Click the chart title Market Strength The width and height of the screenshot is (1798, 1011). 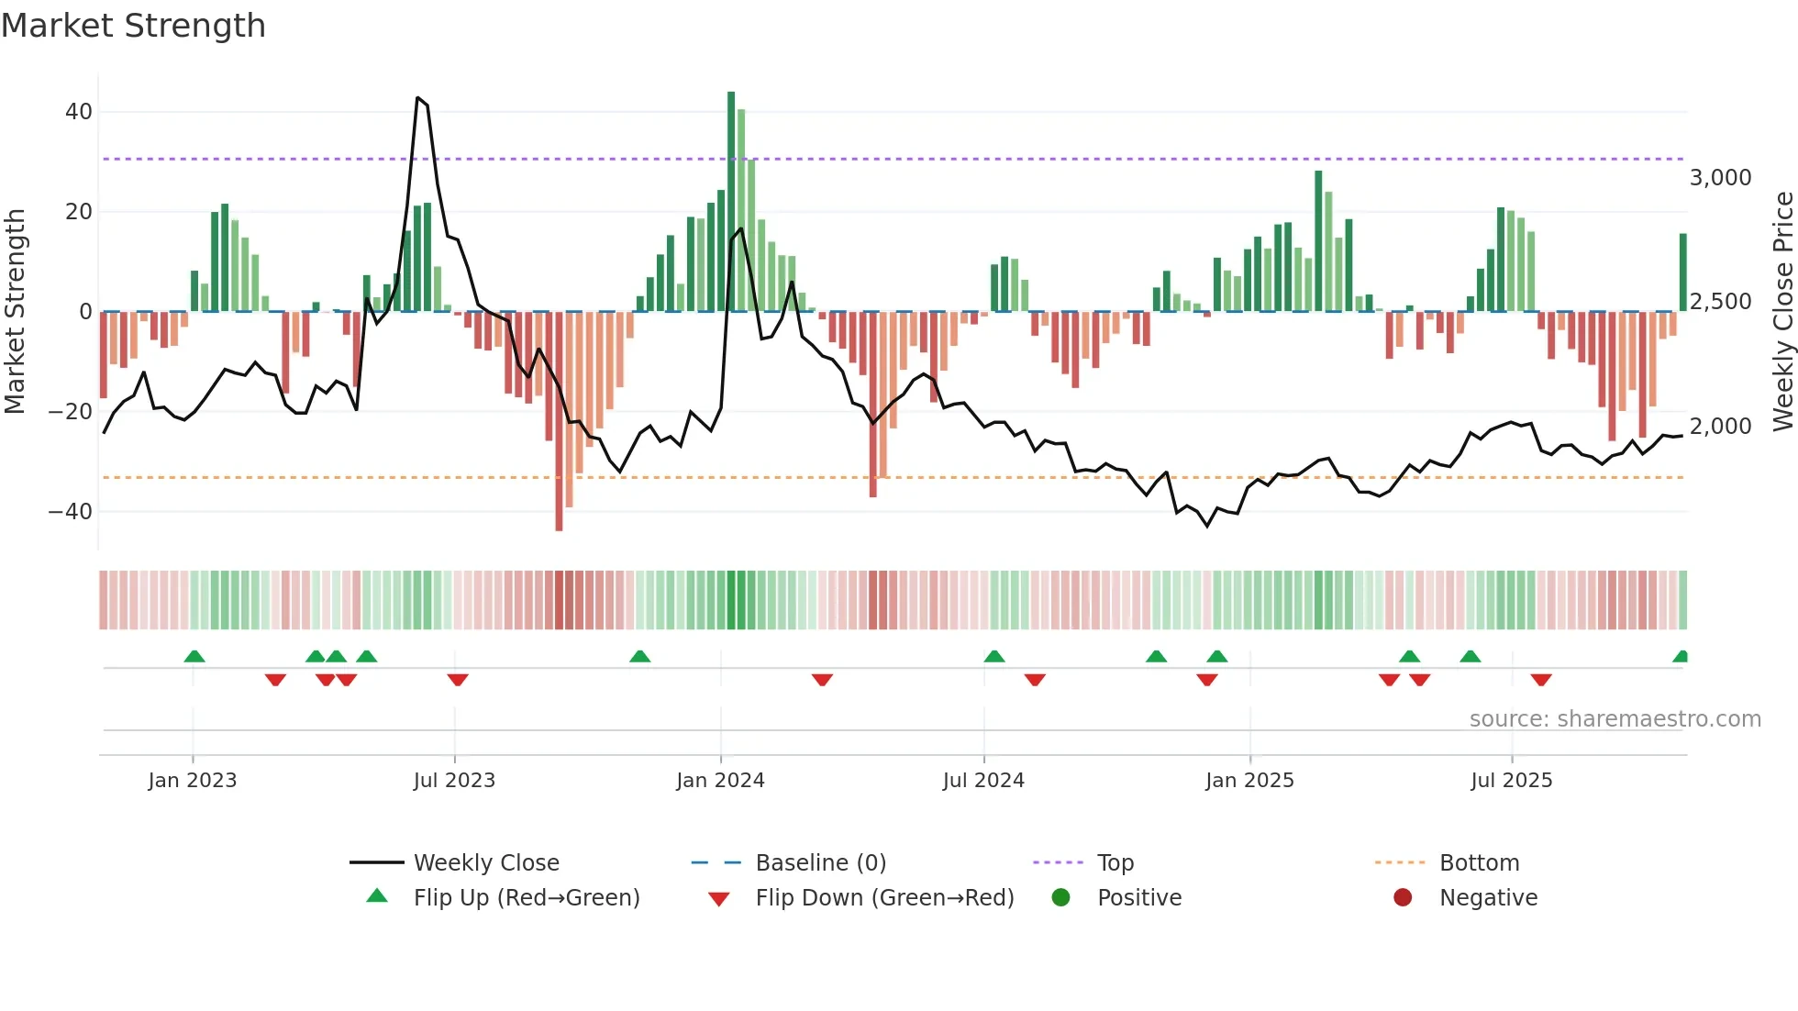point(133,26)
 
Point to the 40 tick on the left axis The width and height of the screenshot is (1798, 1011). point(79,112)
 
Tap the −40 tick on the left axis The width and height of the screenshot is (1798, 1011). point(71,511)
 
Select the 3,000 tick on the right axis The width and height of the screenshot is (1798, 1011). point(1720,178)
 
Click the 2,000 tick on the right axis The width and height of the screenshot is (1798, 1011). point(1720,427)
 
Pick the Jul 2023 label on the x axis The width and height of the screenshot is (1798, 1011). point(454,781)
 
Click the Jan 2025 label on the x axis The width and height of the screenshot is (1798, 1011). point(1249,781)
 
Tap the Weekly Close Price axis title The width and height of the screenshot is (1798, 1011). point(1782,312)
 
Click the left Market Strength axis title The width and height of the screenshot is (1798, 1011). point(16,312)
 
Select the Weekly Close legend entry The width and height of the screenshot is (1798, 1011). point(486,863)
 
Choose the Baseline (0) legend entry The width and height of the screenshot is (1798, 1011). point(820,863)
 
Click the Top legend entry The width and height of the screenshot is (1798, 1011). point(1115,863)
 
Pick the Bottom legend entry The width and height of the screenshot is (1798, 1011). point(1479,863)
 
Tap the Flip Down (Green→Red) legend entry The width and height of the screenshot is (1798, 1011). point(884,898)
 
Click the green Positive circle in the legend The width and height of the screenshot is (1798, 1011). point(1060,898)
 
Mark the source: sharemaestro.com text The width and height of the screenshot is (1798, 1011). point(1615,719)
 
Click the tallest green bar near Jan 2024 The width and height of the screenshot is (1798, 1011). point(731,202)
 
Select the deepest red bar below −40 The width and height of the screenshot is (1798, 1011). point(559,422)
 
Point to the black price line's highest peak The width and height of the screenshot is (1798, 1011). point(417,98)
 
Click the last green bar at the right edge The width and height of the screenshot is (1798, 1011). point(1683,272)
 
